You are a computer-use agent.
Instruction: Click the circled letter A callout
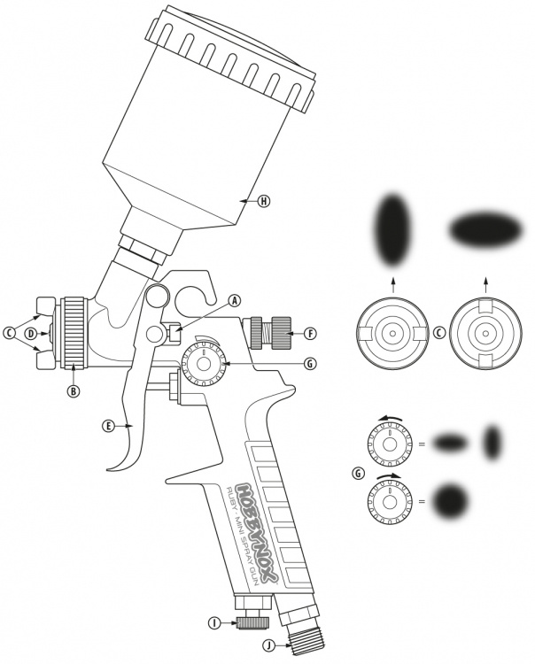(235, 301)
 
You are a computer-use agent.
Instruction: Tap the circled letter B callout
(74, 391)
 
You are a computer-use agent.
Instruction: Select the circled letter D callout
(30, 333)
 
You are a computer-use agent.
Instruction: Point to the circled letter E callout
(109, 426)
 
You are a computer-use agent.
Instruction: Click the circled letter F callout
(311, 334)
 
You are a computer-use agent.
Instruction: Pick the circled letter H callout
(264, 201)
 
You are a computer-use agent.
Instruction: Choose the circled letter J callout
(268, 645)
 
